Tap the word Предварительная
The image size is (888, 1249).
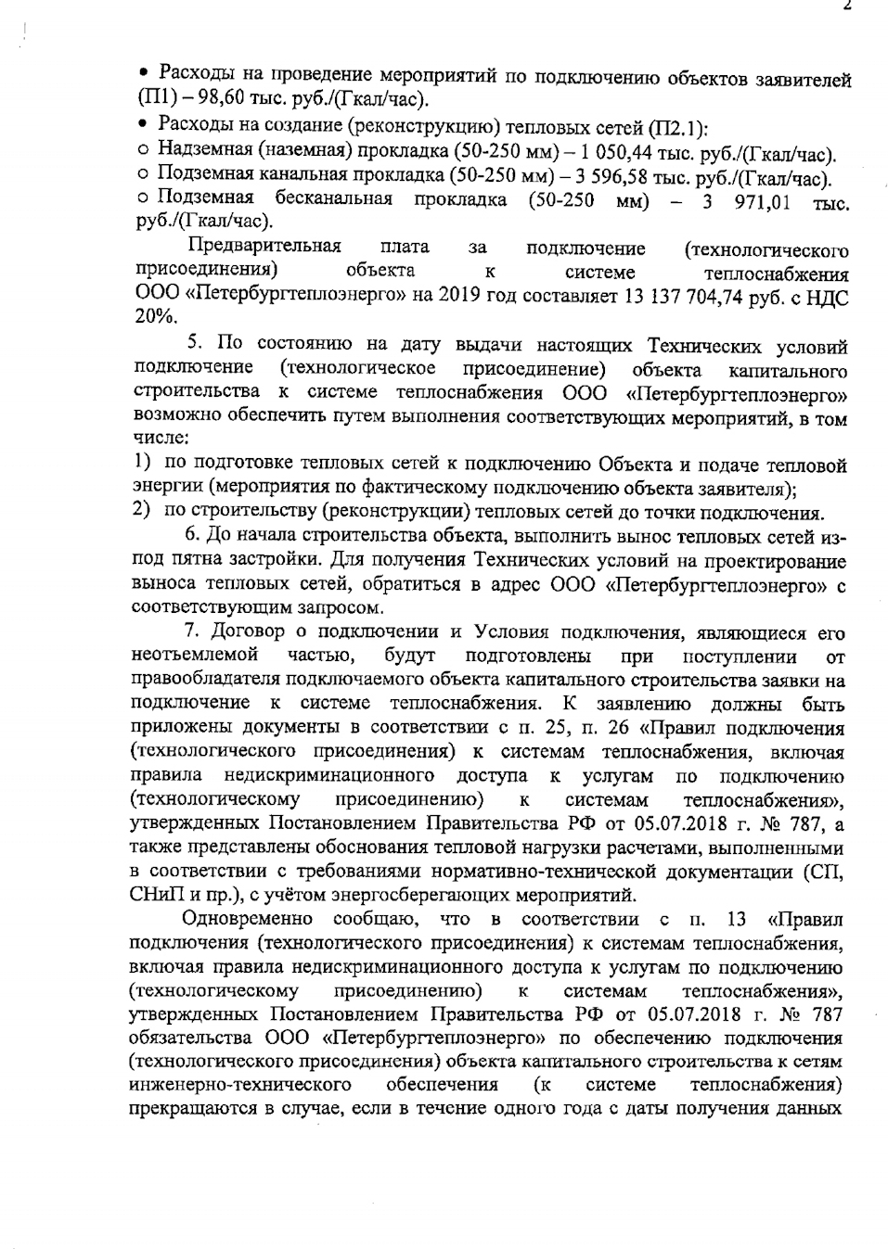(x=264, y=248)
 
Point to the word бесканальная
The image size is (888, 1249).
(x=333, y=199)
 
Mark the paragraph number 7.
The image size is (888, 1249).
(x=192, y=632)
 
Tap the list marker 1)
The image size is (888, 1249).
(x=142, y=463)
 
